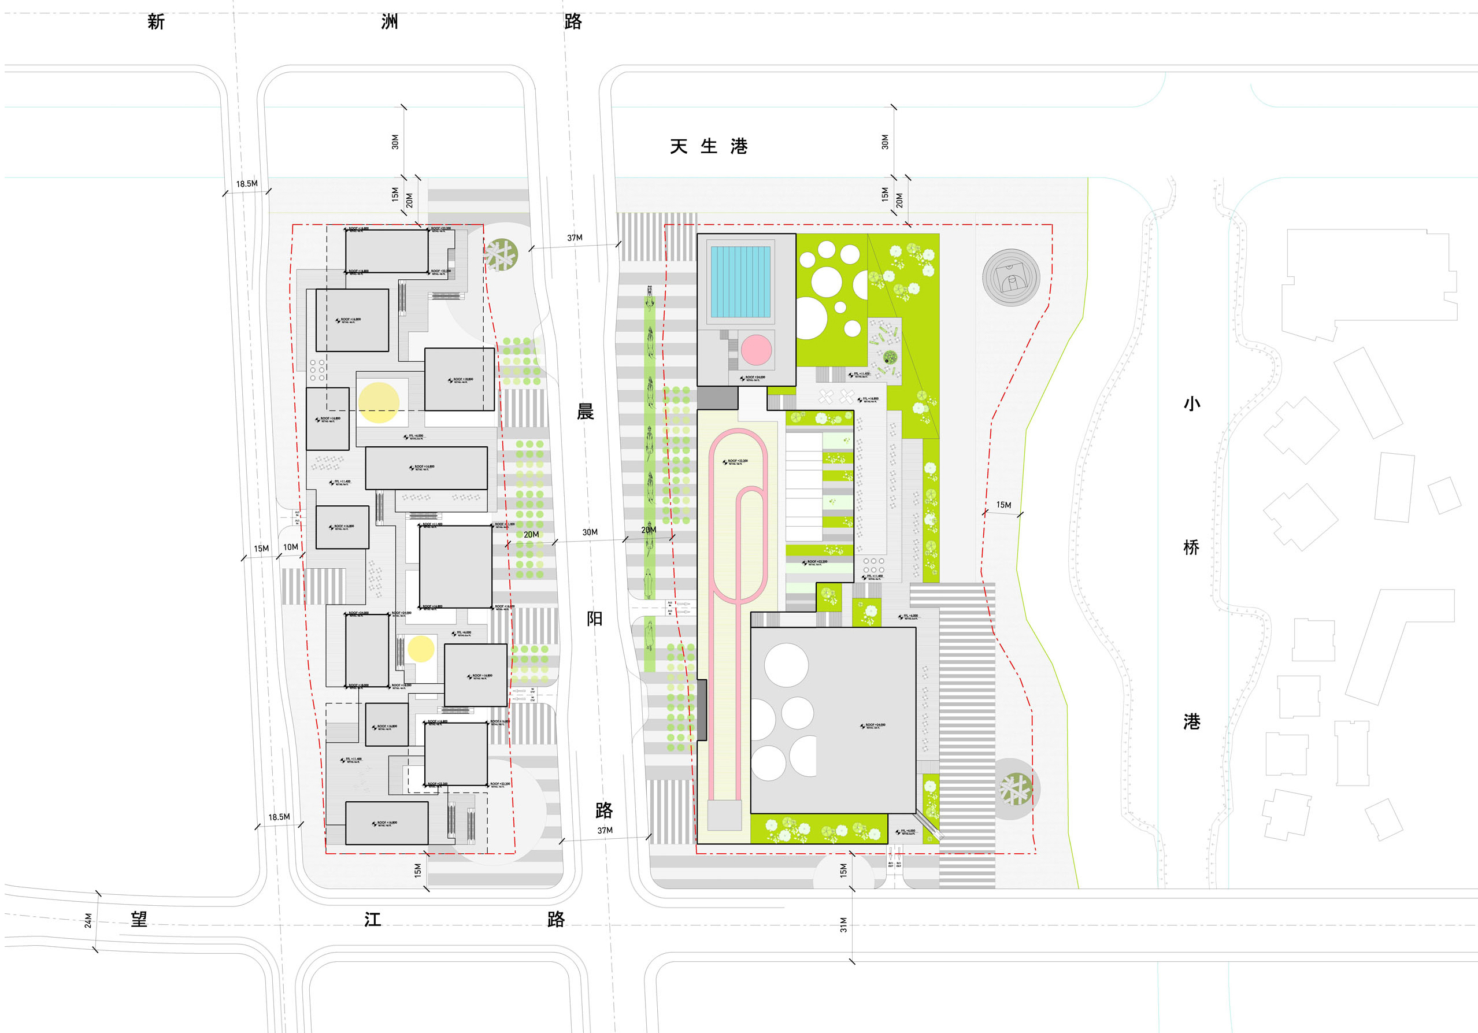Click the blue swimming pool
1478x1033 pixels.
pos(740,282)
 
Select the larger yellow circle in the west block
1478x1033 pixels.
pos(379,403)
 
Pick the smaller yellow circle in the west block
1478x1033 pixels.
pos(421,649)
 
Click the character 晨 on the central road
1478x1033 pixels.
pos(585,412)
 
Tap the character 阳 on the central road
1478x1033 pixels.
pos(594,619)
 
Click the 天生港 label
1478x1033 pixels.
pos(708,147)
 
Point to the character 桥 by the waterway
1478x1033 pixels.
pos(1191,547)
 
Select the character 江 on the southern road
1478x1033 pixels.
pos(373,919)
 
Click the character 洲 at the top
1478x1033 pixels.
pos(390,22)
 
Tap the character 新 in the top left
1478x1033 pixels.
pos(156,22)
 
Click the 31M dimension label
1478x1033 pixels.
pos(843,925)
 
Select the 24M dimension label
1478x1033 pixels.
pos(88,920)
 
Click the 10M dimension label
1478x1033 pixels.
pos(291,547)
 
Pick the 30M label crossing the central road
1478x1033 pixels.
pos(590,532)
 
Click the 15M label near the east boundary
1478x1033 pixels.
pos(1003,505)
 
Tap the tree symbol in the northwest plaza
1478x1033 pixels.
pos(502,255)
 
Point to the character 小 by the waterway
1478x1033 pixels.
pos(1191,403)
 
